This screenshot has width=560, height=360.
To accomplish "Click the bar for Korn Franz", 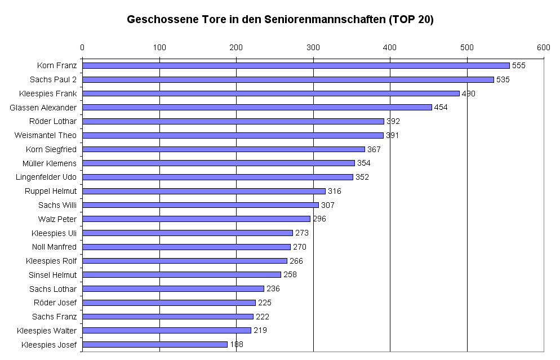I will [296, 65].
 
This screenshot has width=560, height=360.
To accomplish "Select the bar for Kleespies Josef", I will [155, 344].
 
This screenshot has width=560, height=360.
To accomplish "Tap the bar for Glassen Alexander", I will [257, 107].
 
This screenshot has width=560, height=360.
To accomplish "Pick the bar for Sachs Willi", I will [201, 205].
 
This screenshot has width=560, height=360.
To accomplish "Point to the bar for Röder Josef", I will [169, 303].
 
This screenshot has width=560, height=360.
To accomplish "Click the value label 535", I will [503, 79].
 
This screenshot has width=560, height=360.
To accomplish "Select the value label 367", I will [374, 149].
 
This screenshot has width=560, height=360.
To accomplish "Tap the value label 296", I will [319, 219].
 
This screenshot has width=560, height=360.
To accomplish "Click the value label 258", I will [290, 275].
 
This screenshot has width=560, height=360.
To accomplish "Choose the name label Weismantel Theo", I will [46, 135].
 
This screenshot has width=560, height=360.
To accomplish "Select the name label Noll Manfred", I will [55, 247].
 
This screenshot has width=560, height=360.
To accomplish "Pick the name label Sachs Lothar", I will [53, 289].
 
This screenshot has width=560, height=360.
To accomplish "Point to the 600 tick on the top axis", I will [543, 47].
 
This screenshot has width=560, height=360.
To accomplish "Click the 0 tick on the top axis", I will [82, 47].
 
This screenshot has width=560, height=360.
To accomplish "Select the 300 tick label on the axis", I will [313, 47].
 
